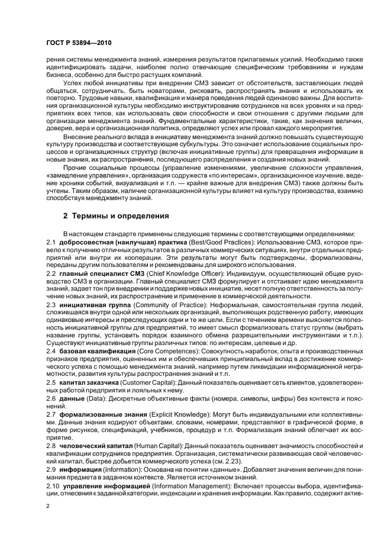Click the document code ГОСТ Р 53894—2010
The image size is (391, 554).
click(78, 44)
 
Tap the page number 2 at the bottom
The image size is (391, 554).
click(48, 505)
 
